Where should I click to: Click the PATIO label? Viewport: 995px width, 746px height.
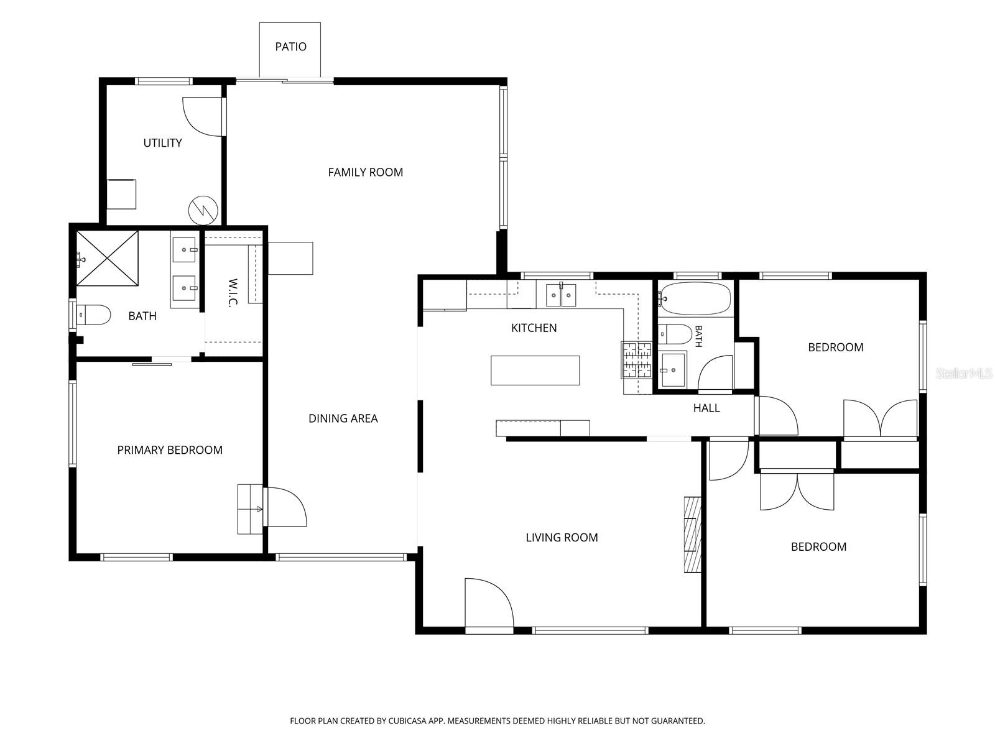[x=290, y=47]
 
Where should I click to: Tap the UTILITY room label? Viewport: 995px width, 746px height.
[x=162, y=143]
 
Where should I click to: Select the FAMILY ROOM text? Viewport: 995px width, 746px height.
[x=366, y=172]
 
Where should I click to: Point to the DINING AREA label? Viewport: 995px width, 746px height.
[x=343, y=418]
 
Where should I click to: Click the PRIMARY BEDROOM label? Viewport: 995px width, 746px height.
[x=170, y=450]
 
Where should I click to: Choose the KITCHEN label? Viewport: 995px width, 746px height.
[x=534, y=328]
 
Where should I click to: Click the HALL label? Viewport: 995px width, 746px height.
[x=706, y=408]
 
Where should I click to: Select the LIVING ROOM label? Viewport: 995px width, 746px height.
[x=562, y=538]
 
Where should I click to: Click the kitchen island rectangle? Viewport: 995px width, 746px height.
[x=535, y=371]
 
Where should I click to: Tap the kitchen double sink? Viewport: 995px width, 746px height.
[x=561, y=295]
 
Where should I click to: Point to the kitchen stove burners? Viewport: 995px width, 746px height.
[x=636, y=360]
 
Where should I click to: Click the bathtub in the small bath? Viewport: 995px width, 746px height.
[x=695, y=298]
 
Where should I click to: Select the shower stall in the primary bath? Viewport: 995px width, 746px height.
[x=107, y=258]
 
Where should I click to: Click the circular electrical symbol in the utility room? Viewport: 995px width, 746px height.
[x=203, y=211]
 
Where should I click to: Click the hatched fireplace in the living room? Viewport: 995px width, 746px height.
[x=693, y=535]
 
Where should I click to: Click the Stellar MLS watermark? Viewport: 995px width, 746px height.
[x=964, y=374]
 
